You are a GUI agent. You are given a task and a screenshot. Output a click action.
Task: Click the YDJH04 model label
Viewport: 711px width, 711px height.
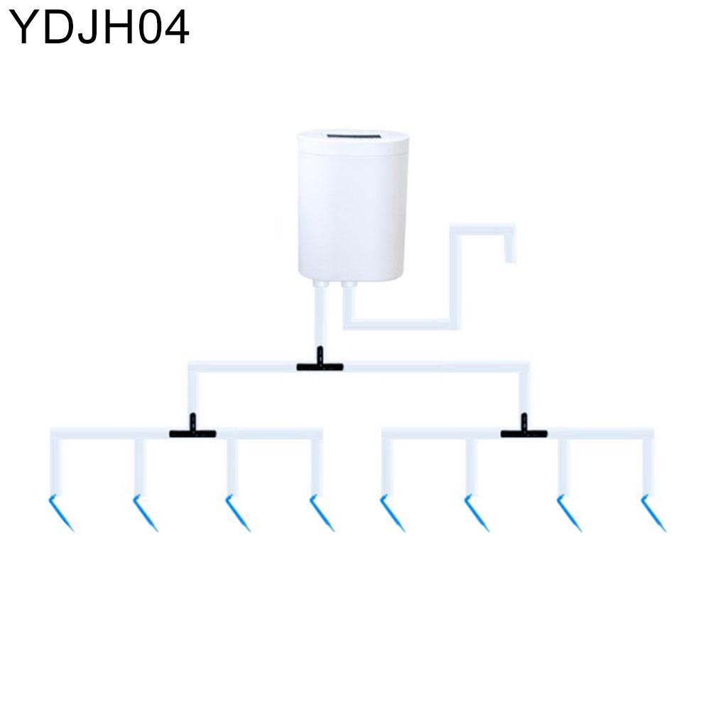click(99, 28)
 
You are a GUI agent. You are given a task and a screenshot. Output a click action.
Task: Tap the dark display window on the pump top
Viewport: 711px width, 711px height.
click(353, 136)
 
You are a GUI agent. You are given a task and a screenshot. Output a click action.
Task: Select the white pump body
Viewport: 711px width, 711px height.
click(353, 205)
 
